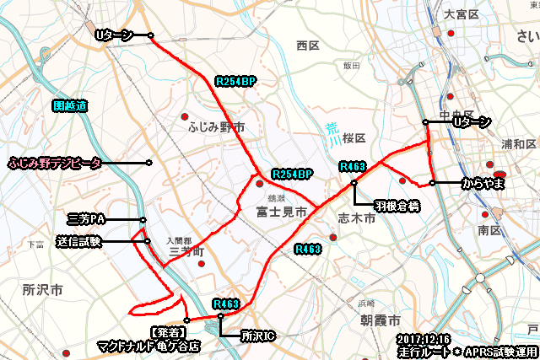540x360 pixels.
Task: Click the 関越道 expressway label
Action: (70, 106)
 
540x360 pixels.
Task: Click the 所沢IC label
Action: (257, 336)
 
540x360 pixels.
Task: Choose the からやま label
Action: (482, 183)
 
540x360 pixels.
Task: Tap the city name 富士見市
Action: (282, 214)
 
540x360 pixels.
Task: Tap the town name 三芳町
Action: (187, 251)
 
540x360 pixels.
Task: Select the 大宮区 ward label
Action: (462, 14)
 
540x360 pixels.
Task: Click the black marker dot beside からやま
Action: (432, 183)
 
